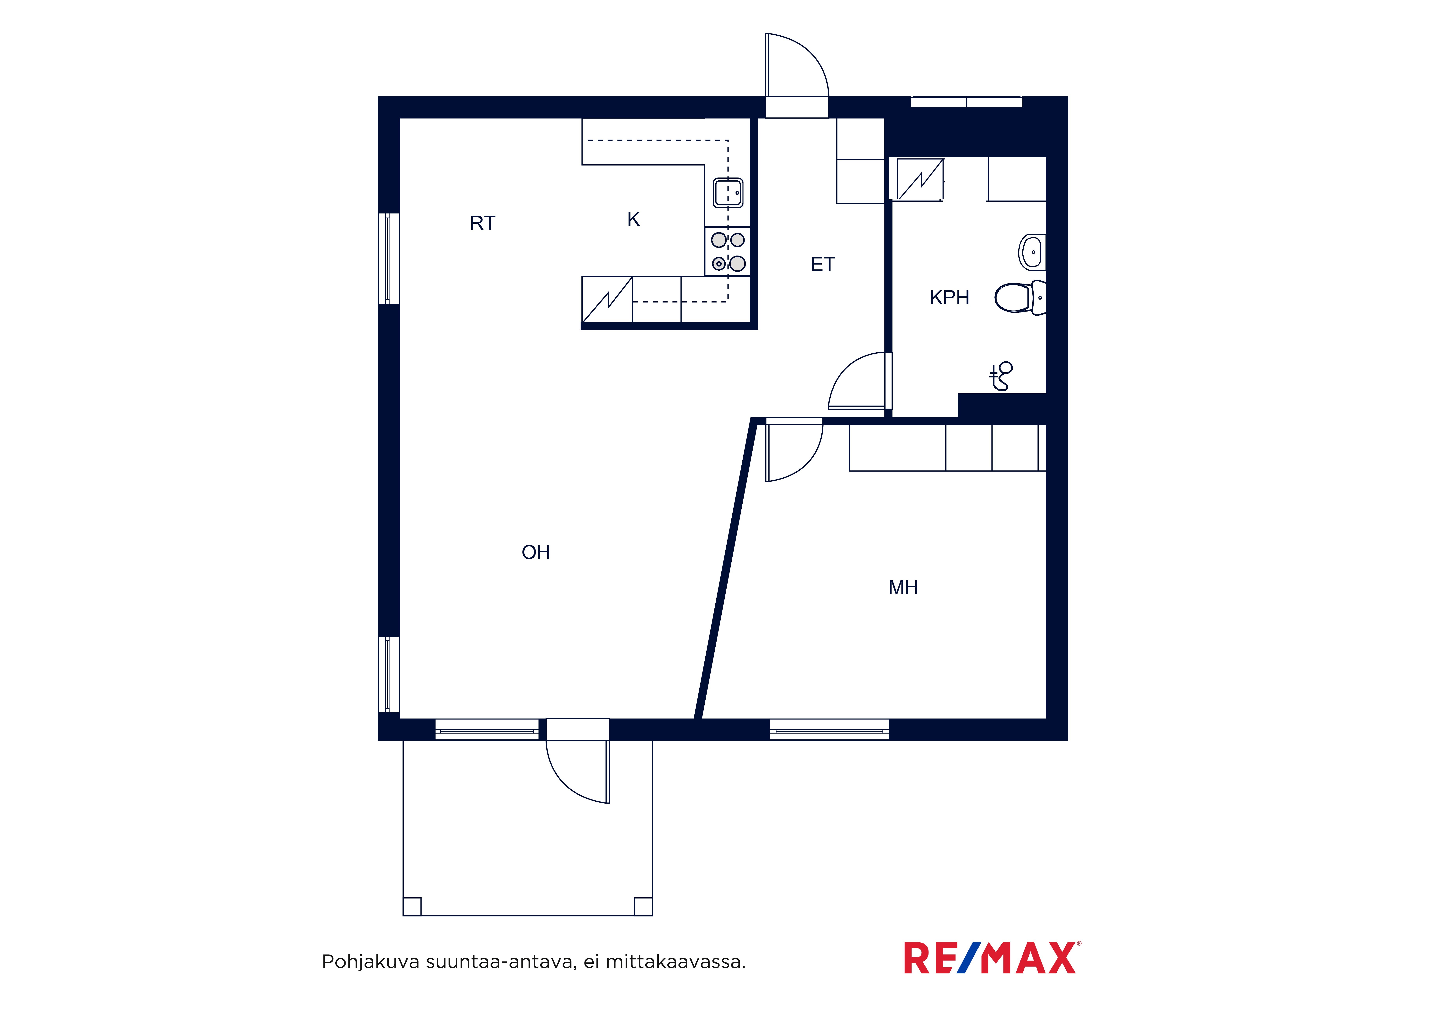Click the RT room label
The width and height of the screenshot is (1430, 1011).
tap(483, 223)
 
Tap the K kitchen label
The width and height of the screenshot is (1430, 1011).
tap(633, 219)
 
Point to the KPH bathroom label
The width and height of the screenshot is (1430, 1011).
tap(949, 298)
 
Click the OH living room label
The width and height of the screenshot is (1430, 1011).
tap(536, 553)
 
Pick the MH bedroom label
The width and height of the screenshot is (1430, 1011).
tap(903, 587)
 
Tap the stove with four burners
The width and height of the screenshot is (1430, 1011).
tap(728, 251)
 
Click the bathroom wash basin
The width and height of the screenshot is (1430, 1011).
tap(1032, 252)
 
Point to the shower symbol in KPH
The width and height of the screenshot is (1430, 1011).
tap(1001, 376)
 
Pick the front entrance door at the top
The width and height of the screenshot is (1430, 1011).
tap(797, 75)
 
